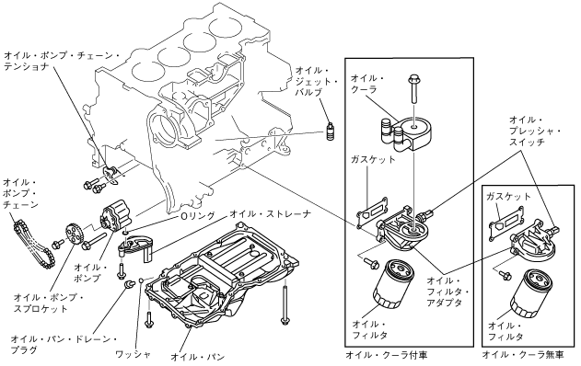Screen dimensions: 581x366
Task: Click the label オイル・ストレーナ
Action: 270,214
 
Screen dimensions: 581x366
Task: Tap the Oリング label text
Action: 197,216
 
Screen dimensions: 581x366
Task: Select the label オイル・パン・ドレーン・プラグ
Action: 64,345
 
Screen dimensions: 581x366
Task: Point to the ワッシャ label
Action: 133,354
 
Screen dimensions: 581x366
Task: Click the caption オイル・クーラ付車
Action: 387,355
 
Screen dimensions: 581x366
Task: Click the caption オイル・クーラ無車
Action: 523,355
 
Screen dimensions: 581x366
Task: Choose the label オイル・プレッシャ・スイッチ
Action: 534,131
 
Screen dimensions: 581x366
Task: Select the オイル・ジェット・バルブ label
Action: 316,82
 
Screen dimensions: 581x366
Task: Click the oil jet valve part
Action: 329,132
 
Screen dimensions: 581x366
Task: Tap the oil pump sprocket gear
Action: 73,234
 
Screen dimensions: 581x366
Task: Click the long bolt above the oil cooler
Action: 413,89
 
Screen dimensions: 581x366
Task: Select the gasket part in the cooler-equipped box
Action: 373,214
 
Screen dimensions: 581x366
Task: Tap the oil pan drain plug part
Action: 129,284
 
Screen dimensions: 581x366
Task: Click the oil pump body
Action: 115,218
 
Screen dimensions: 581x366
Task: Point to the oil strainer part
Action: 135,246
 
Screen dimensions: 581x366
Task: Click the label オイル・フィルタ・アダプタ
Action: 447,292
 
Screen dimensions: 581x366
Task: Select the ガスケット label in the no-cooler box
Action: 508,196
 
